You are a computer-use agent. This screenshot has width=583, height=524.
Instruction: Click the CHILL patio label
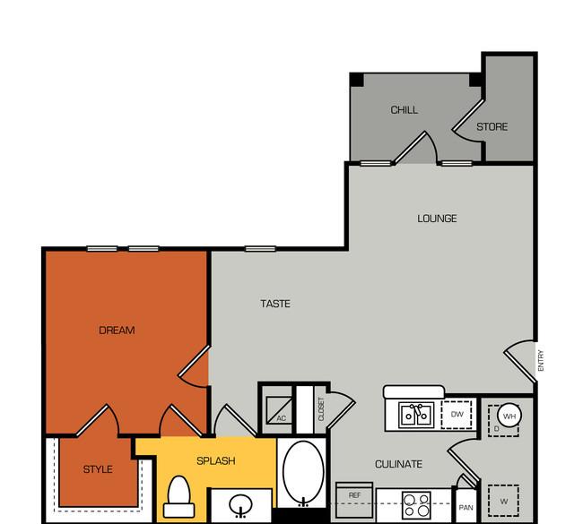pos(405,110)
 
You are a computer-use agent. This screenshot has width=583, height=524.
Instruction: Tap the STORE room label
pos(492,127)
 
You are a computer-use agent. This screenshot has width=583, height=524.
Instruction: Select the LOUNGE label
pos(437,219)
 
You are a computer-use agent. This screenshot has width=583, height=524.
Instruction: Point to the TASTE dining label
pos(275,304)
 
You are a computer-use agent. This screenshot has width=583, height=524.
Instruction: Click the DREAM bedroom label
pos(117,331)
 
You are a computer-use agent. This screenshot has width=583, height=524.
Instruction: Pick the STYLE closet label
pos(98,469)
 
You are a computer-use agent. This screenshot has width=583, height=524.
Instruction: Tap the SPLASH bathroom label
pos(215,461)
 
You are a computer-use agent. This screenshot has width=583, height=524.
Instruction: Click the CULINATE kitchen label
pos(398,464)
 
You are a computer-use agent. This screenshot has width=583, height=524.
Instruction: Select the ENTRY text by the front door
pos(541,360)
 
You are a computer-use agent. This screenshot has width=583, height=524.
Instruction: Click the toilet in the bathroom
pos(179,496)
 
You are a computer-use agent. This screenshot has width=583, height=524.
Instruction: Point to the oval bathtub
pos(303,472)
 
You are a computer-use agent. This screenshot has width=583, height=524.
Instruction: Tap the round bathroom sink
pos(241,504)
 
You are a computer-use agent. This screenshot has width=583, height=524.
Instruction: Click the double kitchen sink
pos(416,415)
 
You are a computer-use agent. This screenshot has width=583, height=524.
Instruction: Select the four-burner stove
pos(416,505)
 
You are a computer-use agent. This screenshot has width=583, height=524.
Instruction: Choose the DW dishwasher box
pos(457,415)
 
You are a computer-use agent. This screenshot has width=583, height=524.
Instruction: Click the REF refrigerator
pos(354,500)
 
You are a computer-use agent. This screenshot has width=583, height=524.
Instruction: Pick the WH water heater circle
pos(509,416)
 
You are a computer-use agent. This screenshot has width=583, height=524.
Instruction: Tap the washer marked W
pos(503,501)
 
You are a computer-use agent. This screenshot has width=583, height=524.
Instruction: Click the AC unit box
pos(279,410)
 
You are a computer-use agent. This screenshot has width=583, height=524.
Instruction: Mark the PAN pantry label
pos(466,507)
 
